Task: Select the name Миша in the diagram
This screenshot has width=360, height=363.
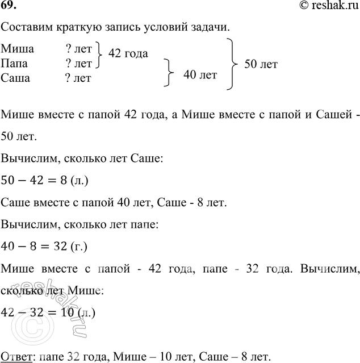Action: pos(18,50)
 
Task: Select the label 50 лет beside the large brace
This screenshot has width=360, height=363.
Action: pos(261,64)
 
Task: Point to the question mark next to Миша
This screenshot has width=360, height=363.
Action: pos(68,50)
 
